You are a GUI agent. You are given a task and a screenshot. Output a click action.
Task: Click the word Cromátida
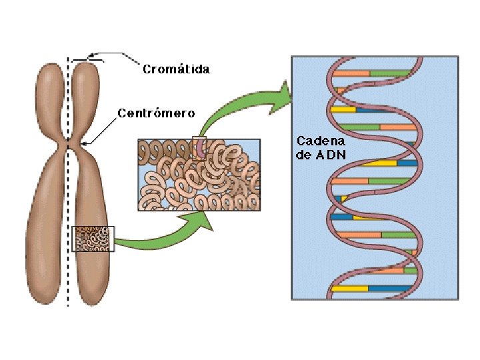[176, 69]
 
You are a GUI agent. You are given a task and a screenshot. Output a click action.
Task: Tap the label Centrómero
[156, 113]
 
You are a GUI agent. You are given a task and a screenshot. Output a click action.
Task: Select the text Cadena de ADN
[321, 147]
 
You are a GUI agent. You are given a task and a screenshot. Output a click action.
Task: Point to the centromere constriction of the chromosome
[69, 144]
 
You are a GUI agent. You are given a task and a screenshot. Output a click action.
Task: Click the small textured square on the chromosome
[93, 239]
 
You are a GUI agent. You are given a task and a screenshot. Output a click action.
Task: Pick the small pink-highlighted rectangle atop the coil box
[199, 147]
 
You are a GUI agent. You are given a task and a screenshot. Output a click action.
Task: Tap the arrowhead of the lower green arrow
[200, 220]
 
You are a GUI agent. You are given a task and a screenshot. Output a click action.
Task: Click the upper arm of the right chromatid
[86, 100]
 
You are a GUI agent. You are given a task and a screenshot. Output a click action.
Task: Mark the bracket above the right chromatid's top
[87, 59]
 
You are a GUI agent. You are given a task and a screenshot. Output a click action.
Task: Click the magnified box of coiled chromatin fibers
[199, 175]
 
